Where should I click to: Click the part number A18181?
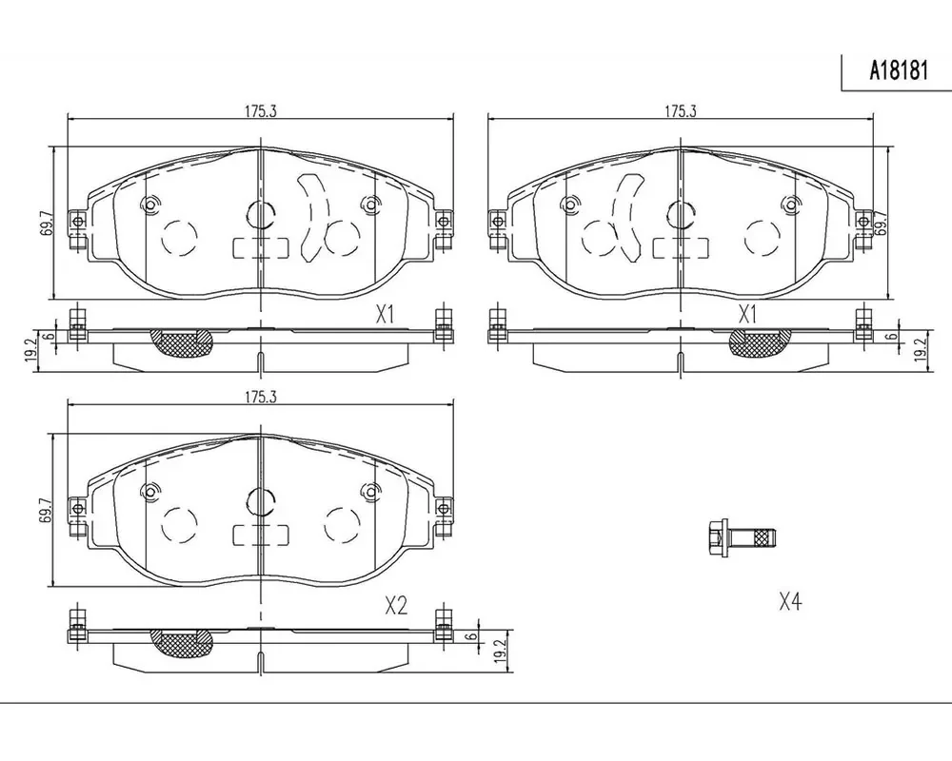pyautogui.click(x=899, y=71)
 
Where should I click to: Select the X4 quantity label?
pyautogui.click(x=790, y=602)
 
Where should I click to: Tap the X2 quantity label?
pyautogui.click(x=396, y=605)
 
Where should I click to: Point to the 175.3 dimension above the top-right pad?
pyautogui.click(x=680, y=111)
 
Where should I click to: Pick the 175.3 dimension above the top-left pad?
pyautogui.click(x=261, y=111)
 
